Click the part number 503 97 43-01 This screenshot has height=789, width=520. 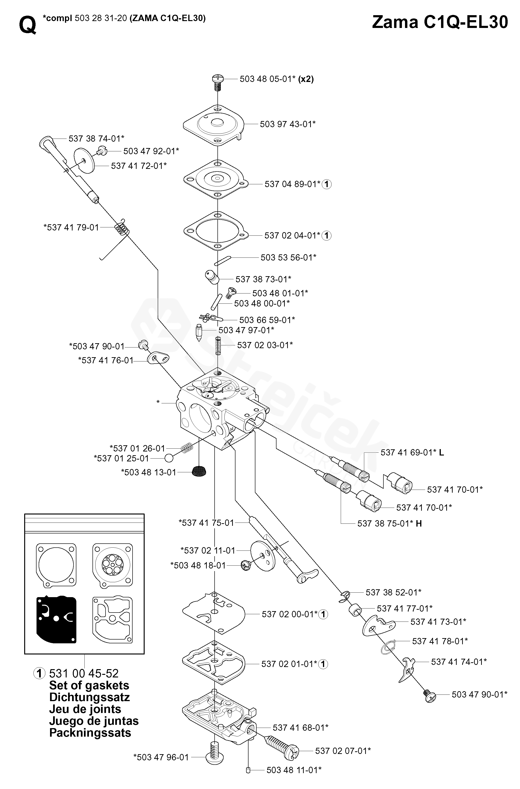click(287, 124)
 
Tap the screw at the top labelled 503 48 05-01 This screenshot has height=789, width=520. click(217, 81)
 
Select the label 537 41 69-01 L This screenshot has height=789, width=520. click(412, 452)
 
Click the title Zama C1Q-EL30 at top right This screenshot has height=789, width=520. click(440, 23)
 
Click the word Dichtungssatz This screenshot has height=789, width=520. click(89, 697)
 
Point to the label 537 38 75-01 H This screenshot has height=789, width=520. click(389, 523)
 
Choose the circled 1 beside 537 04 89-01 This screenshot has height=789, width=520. click(327, 184)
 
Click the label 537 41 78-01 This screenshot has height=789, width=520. click(440, 641)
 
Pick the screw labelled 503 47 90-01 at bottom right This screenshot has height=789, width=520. click(430, 695)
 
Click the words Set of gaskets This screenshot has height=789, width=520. click(89, 685)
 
